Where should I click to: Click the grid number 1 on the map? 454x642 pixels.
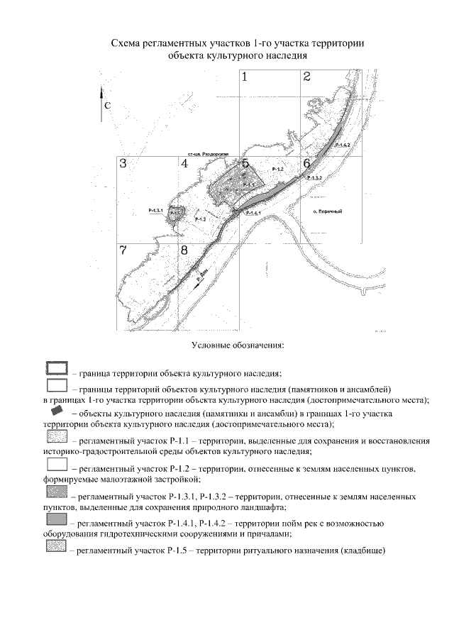(245, 77)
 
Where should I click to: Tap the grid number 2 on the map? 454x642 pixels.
(306, 77)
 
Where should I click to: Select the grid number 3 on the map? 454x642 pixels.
(123, 164)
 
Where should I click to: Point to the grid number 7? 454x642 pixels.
(123, 250)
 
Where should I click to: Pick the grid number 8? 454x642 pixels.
(184, 250)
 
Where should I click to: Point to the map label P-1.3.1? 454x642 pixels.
(157, 211)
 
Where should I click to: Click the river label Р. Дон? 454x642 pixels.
(202, 279)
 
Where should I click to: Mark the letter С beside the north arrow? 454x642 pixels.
(107, 105)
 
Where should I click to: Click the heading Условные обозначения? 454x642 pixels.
(238, 346)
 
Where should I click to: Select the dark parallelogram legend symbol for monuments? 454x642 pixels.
(57, 411)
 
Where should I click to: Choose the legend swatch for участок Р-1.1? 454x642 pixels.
(56, 436)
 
